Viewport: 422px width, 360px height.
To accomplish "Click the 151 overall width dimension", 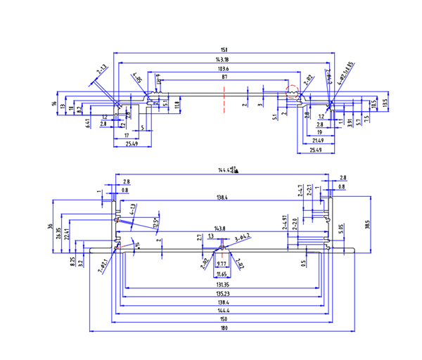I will click(x=223, y=49).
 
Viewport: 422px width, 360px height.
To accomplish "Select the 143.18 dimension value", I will click(x=223, y=60).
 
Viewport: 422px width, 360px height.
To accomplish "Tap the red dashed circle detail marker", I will click(x=293, y=91).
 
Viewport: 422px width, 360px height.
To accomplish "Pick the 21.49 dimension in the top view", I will click(x=319, y=140).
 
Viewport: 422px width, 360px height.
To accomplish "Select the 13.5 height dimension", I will click(x=385, y=103).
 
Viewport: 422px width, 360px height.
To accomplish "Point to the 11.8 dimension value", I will click(x=177, y=105).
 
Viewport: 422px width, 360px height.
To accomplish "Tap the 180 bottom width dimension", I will click(x=224, y=328).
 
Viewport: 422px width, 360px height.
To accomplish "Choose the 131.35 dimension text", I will click(x=224, y=284).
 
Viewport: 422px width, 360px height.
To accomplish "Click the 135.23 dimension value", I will click(x=224, y=293).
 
